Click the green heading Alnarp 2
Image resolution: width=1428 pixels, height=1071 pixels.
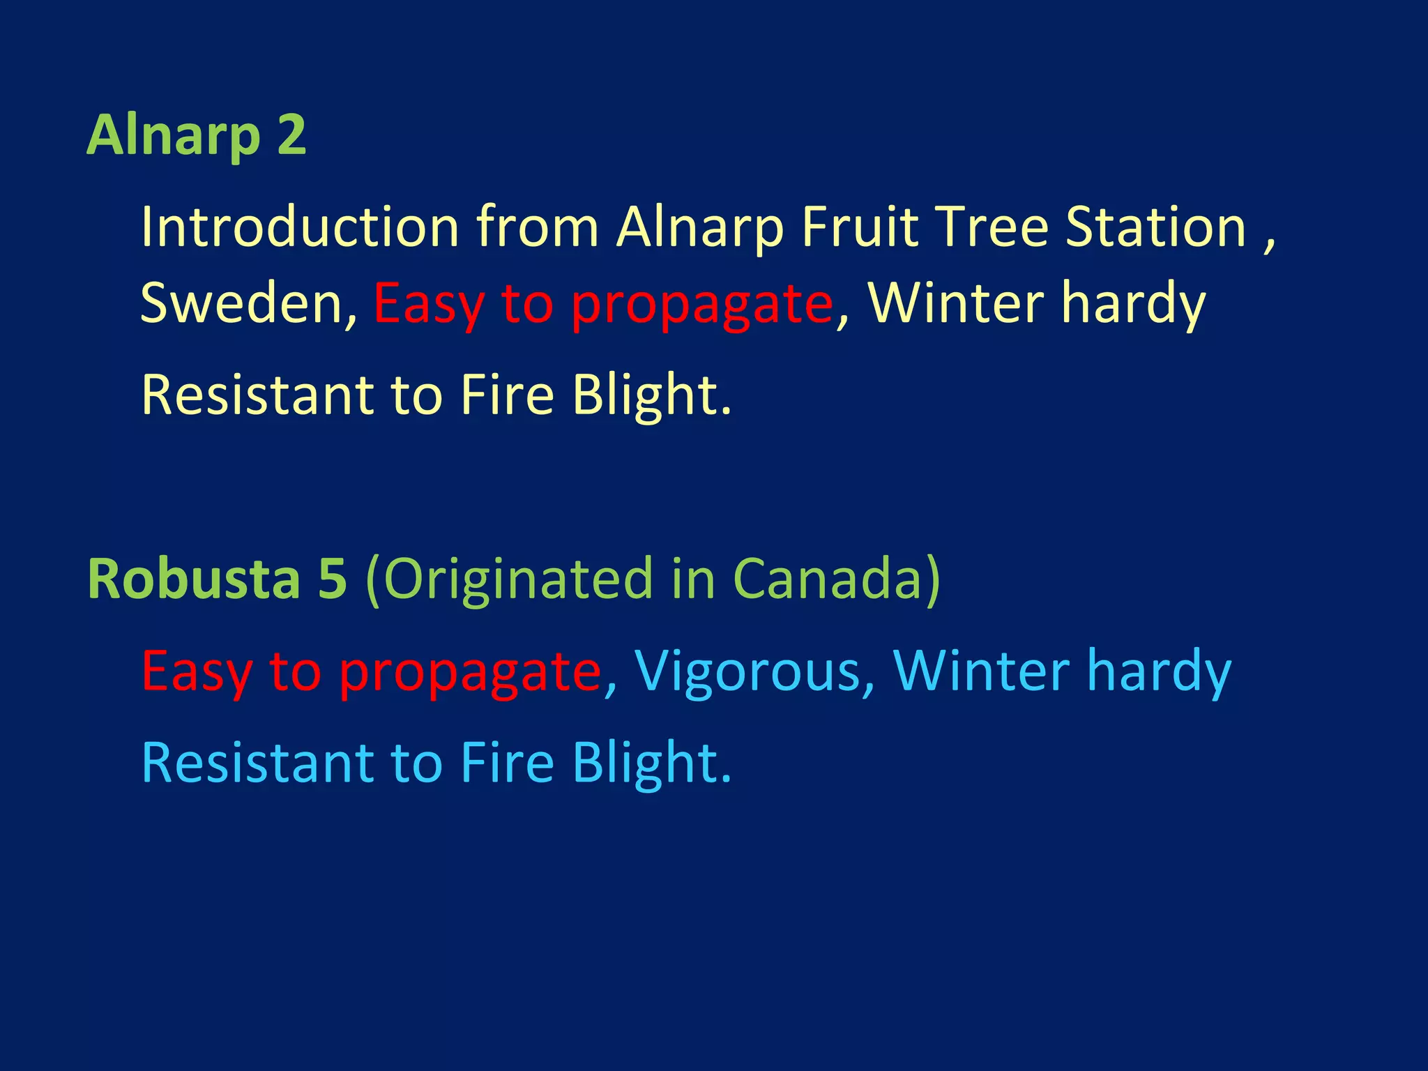pyautogui.click(x=196, y=135)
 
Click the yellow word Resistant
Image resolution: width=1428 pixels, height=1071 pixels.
pyautogui.click(x=257, y=395)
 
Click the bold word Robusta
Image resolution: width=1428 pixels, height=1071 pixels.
pyautogui.click(x=194, y=579)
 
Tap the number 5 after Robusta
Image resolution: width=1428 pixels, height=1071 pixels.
pyautogui.click(x=332, y=579)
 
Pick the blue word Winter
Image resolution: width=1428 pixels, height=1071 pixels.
pyautogui.click(x=981, y=671)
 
